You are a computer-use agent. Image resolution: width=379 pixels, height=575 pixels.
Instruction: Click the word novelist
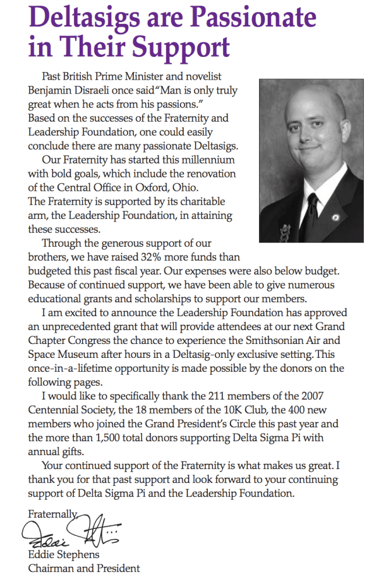208,76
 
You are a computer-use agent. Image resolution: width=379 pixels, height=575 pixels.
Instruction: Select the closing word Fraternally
52,514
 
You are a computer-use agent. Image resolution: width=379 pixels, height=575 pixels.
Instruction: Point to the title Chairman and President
84,568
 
